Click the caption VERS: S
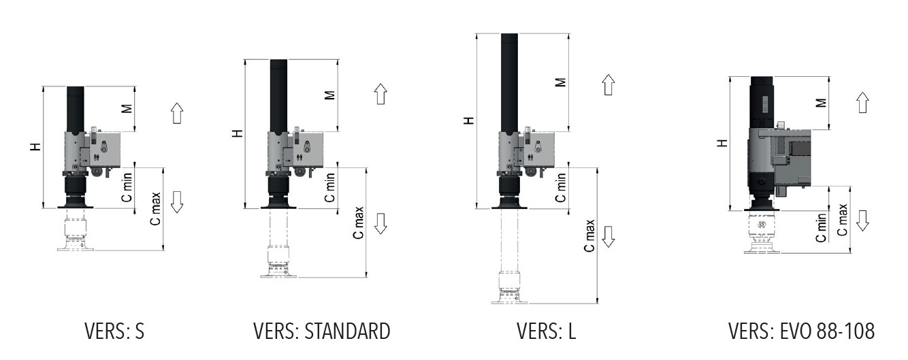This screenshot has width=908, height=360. (114, 331)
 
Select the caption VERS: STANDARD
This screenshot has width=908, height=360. (322, 331)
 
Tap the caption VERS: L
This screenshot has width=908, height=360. (546, 331)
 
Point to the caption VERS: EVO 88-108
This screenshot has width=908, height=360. (801, 331)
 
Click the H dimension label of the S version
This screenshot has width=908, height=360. (35, 146)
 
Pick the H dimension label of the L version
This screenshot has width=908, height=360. (468, 120)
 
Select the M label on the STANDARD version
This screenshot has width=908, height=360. (329, 95)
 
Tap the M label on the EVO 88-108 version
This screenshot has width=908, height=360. (821, 103)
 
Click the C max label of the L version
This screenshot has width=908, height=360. (590, 235)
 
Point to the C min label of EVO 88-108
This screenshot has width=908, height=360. (822, 228)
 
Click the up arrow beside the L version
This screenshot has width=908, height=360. (609, 85)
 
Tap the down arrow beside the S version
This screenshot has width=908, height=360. (177, 202)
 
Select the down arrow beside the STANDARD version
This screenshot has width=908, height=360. (380, 223)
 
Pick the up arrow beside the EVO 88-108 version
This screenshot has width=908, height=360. (862, 103)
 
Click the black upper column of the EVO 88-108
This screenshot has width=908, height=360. (760, 102)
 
